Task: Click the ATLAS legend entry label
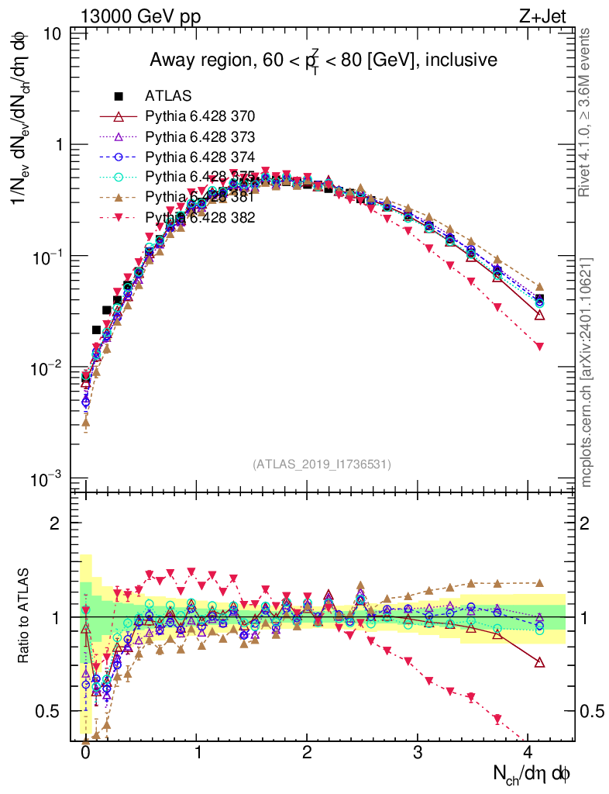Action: [168, 96]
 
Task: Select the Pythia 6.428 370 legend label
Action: [200, 116]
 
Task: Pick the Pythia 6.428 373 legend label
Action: [200, 136]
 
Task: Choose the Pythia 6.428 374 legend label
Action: [200, 157]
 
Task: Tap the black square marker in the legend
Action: [119, 96]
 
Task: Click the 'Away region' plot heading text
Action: [323, 60]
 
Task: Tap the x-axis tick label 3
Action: [418, 753]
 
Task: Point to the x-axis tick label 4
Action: [528, 753]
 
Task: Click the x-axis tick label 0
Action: [85, 753]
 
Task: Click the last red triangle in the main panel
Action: [539, 346]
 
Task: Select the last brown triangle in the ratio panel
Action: [539, 582]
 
